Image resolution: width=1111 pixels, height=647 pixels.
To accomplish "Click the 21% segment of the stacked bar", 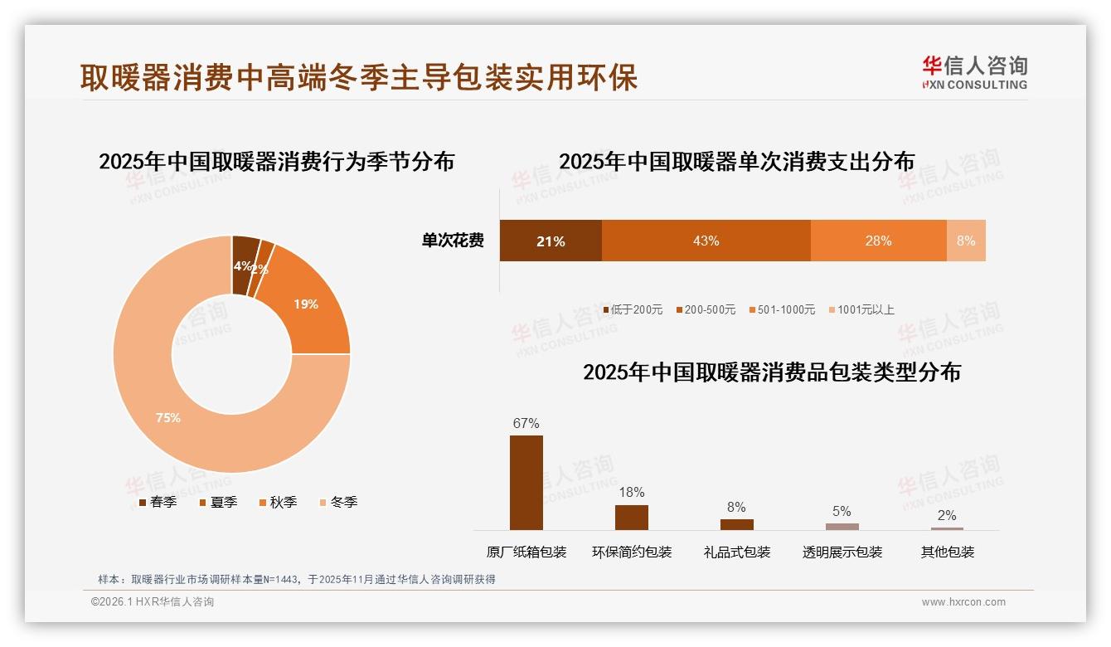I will point(551,241).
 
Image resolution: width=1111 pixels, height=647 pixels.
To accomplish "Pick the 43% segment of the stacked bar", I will point(706,241).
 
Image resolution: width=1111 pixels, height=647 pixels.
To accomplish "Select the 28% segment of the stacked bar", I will point(878,241).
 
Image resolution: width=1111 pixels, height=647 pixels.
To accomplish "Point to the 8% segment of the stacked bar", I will point(966,241).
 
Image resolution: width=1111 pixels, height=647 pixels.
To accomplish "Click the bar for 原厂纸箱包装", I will point(526,483).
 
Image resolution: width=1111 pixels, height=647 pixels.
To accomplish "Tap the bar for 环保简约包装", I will point(631,518).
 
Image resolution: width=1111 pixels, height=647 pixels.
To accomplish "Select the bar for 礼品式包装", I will point(736,524).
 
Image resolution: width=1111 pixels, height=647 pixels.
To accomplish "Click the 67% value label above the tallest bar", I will point(526,423).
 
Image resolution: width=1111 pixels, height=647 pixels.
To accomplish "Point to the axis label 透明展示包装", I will point(842,552).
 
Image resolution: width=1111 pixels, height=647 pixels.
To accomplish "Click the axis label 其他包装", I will point(947,552).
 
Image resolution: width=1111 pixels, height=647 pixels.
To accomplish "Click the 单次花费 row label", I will point(453,241).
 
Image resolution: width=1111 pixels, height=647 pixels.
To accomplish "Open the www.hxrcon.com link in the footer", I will point(963,602).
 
